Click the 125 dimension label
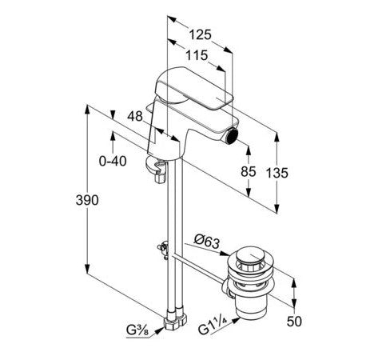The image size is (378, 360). pyautogui.click(x=200, y=34)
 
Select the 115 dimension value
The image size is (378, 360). pyautogui.click(x=197, y=55)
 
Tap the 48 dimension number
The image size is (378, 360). pyautogui.click(x=135, y=116)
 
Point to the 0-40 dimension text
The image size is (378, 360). pyautogui.click(x=113, y=161)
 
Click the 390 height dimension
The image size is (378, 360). pyautogui.click(x=87, y=200)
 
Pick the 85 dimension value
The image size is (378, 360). pyautogui.click(x=249, y=171)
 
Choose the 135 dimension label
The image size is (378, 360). pyautogui.click(x=277, y=173)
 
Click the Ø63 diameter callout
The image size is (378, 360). pyautogui.click(x=207, y=242)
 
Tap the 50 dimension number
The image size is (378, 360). pyautogui.click(x=294, y=322)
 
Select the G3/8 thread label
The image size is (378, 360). pyautogui.click(x=137, y=330)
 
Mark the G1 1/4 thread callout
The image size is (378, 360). pyautogui.click(x=213, y=326)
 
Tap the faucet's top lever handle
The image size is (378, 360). pyautogui.click(x=194, y=88)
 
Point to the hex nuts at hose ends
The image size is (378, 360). pyautogui.click(x=176, y=319)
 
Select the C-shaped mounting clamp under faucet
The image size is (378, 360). pyautogui.click(x=156, y=170)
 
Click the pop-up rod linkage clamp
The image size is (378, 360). pyautogui.click(x=163, y=250)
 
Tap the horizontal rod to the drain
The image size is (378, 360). pyautogui.click(x=198, y=268)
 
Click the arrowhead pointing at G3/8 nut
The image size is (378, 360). pyautogui.click(x=160, y=330)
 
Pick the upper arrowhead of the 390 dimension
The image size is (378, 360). pyautogui.click(x=87, y=110)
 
